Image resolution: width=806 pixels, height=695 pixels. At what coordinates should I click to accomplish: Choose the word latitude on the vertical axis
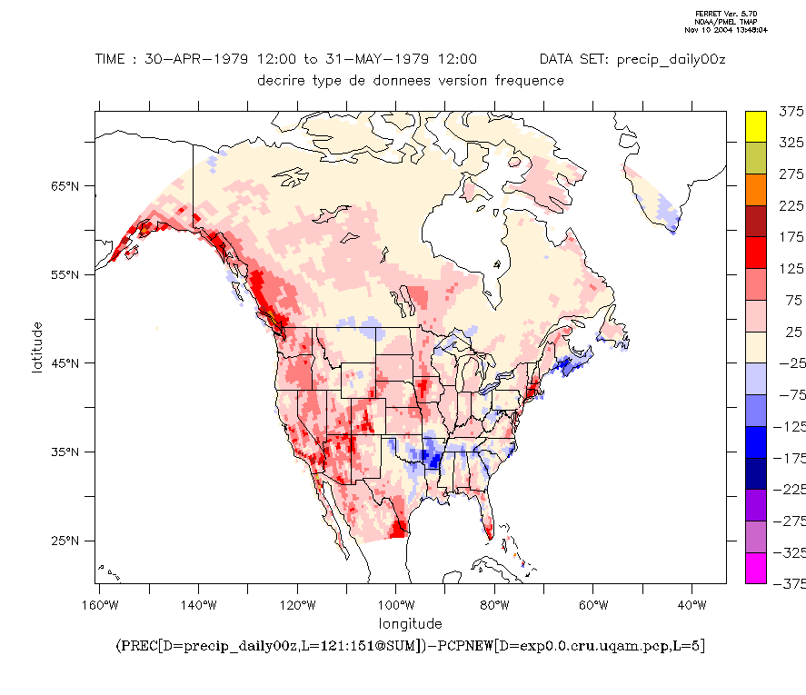point(38,346)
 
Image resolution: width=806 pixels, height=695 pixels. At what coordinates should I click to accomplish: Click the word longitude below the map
point(411,623)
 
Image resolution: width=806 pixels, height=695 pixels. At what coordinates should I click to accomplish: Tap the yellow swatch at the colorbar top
point(756,127)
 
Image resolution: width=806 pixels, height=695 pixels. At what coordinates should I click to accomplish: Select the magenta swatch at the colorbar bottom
point(756,568)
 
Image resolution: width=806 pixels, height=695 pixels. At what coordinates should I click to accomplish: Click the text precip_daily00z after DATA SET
point(672,60)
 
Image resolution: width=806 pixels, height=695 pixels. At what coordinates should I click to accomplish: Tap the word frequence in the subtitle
point(530,80)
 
